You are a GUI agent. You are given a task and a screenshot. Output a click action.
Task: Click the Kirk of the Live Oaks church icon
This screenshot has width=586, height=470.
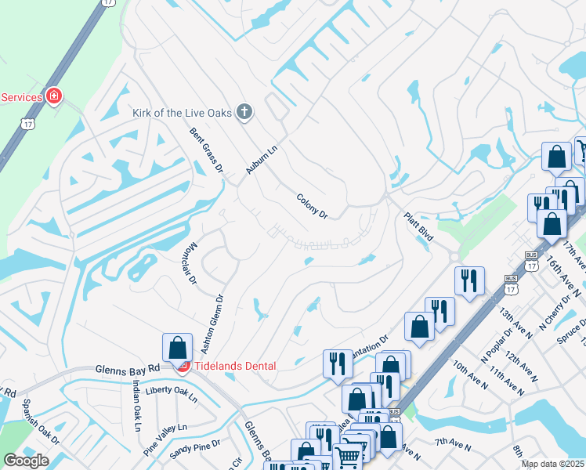[244, 112]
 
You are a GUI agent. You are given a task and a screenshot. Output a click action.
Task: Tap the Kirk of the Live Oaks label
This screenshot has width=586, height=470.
[183, 113]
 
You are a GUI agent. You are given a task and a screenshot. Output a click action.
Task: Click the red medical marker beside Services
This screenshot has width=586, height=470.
[54, 96]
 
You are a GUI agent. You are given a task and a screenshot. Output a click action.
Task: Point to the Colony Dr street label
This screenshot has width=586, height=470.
[311, 206]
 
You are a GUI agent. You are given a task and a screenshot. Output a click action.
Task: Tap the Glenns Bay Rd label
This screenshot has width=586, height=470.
[127, 368]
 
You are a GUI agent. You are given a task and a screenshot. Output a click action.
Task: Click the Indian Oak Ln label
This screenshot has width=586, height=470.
[136, 406]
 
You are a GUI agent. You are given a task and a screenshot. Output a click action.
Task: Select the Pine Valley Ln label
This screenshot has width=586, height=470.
[165, 439]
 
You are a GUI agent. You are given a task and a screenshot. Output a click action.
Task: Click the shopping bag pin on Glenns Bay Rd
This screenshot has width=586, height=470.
[178, 347]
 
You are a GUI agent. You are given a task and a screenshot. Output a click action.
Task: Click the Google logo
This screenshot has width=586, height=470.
[26, 461]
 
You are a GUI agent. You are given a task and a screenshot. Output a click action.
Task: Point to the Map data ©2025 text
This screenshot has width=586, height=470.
[552, 464]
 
